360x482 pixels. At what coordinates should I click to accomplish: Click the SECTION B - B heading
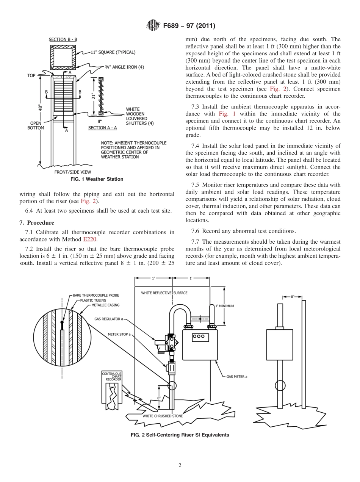click(63, 39)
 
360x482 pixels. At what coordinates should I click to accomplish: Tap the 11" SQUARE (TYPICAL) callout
click(113, 52)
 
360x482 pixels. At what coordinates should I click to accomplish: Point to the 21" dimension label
click(92, 95)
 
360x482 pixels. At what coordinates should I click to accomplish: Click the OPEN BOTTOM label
click(36, 125)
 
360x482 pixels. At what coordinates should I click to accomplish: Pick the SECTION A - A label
click(102, 128)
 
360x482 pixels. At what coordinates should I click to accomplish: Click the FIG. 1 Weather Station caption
click(97, 179)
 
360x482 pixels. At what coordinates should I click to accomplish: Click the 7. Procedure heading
click(37, 223)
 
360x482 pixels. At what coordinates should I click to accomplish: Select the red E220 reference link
click(89, 239)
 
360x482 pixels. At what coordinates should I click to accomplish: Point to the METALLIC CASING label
click(105, 305)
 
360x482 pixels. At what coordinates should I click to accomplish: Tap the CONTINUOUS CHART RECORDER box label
click(112, 376)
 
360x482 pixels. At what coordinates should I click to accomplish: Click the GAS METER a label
click(236, 377)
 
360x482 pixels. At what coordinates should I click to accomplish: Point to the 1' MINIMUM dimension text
click(225, 306)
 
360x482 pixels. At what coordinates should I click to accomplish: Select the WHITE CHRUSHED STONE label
click(163, 416)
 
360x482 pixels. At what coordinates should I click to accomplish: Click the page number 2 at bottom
click(180, 465)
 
